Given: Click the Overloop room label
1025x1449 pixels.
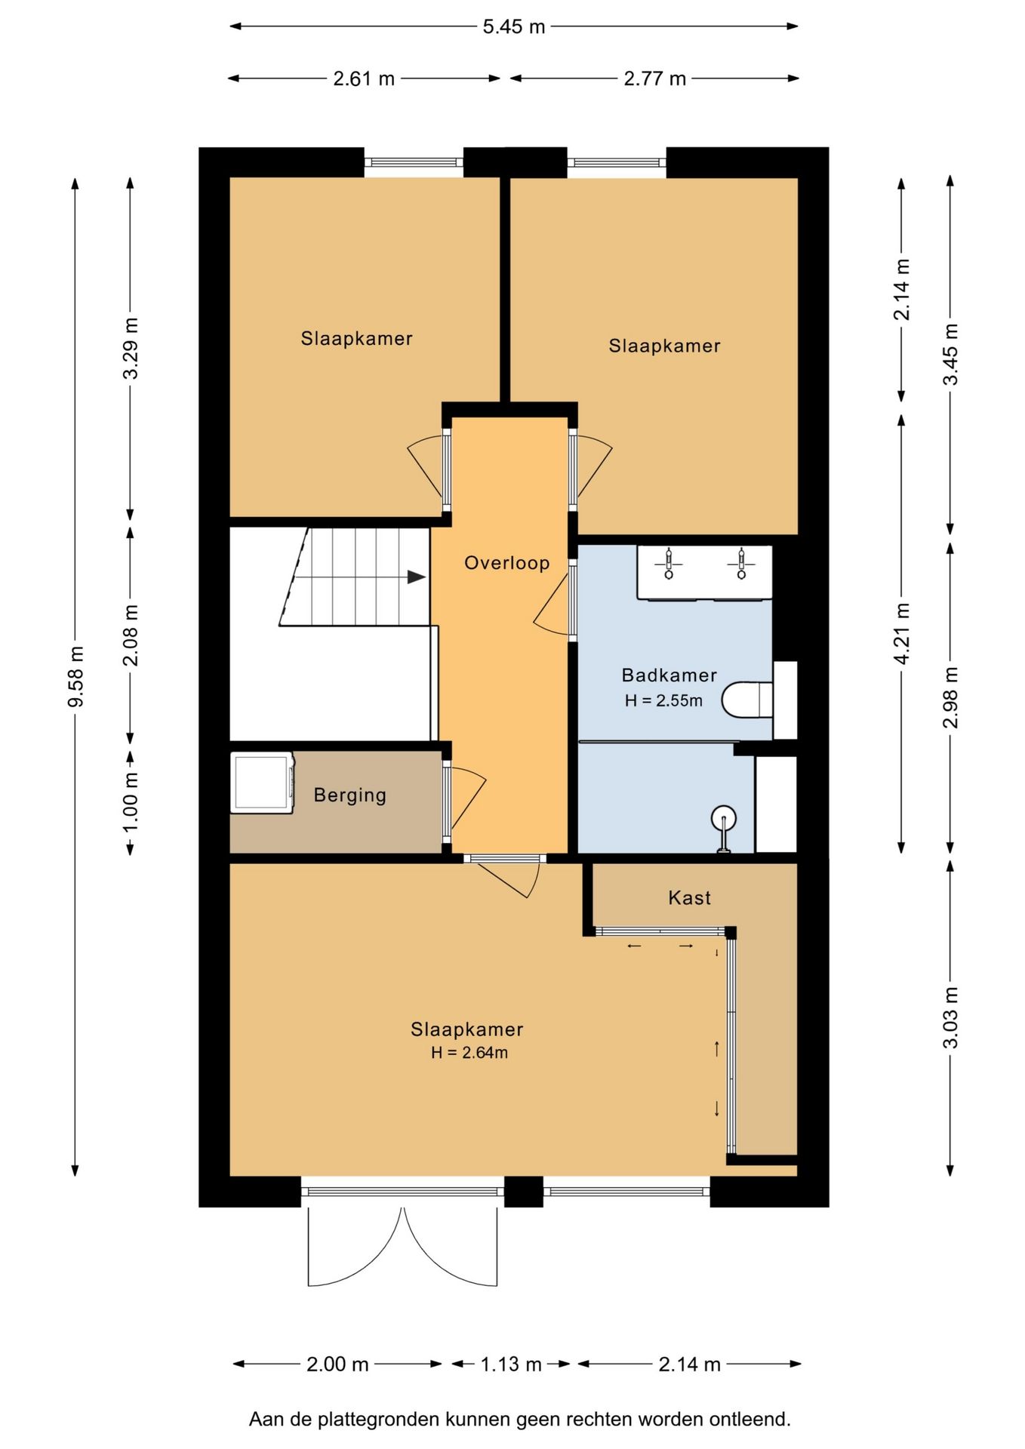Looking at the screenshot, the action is (x=506, y=563).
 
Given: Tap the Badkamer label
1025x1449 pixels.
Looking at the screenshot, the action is (x=669, y=675).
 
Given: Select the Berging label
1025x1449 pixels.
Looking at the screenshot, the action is (x=349, y=795).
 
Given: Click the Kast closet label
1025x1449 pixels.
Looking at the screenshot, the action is (x=689, y=897).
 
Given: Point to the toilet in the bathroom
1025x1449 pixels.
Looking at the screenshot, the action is (x=747, y=700).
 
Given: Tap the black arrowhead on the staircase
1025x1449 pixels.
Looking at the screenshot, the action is (x=417, y=577).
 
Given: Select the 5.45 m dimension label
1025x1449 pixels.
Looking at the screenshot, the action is (x=513, y=27).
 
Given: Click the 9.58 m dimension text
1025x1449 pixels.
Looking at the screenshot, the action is (x=75, y=677).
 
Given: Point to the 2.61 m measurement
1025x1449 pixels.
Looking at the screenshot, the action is (x=364, y=78).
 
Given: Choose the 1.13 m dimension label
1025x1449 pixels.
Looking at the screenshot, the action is (x=511, y=1364).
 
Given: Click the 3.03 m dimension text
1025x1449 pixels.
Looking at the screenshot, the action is (x=950, y=1017).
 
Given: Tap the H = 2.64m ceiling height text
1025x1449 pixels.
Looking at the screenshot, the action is (x=469, y=1052).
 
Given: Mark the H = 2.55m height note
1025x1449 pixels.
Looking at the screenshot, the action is (x=663, y=700).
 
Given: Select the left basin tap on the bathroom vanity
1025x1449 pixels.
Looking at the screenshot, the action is (x=669, y=564).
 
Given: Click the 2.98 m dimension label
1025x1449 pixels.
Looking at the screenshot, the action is (x=950, y=697).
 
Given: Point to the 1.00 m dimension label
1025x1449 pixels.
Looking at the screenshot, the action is (x=130, y=801).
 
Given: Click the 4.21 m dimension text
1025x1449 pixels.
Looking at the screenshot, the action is (x=901, y=633).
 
